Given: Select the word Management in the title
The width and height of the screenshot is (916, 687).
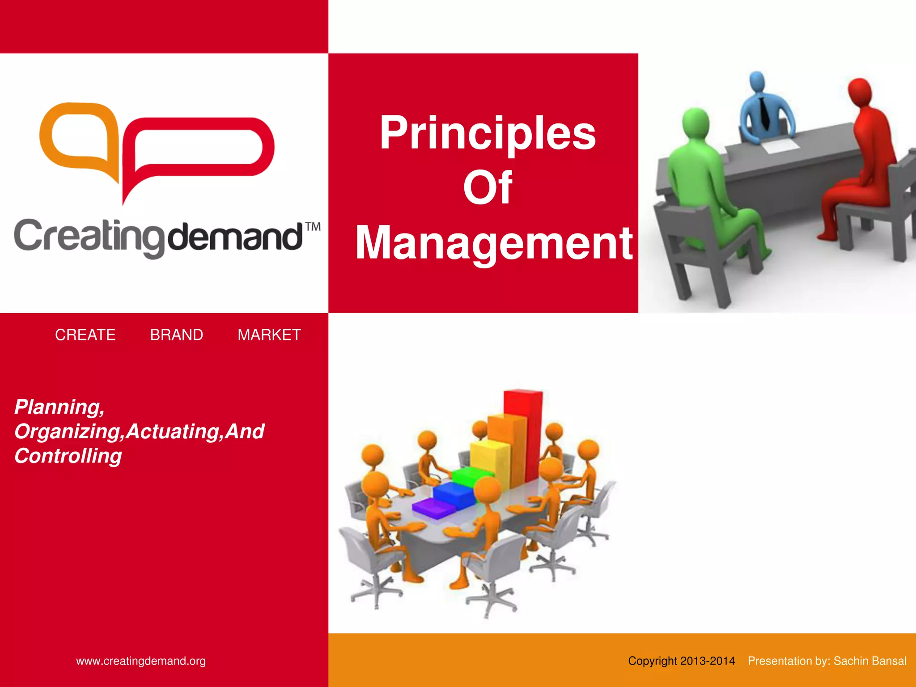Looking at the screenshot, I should pyautogui.click(x=494, y=242).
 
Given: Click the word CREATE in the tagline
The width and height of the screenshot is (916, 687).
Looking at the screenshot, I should pyautogui.click(x=85, y=335).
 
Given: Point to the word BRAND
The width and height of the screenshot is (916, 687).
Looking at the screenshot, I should pyautogui.click(x=176, y=335).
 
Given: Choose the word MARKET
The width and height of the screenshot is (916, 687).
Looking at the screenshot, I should pyautogui.click(x=269, y=335).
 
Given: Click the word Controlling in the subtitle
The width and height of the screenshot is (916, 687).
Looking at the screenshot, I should pyautogui.click(x=68, y=456).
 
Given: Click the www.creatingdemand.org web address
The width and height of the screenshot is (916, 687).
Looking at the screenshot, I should pyautogui.click(x=141, y=661).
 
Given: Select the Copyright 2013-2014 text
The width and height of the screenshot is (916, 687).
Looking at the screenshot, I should pyautogui.click(x=681, y=661).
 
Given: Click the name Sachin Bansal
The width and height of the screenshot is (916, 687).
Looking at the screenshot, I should pyautogui.click(x=870, y=661).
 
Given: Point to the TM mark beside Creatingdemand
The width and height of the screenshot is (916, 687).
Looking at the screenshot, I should pyautogui.click(x=313, y=227).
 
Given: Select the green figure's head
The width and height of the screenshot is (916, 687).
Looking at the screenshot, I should pyautogui.click(x=695, y=123).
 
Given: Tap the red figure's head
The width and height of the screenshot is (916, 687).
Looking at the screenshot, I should pyautogui.click(x=860, y=92).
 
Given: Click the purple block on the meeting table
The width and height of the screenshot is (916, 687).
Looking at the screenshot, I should pyautogui.click(x=433, y=508).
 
